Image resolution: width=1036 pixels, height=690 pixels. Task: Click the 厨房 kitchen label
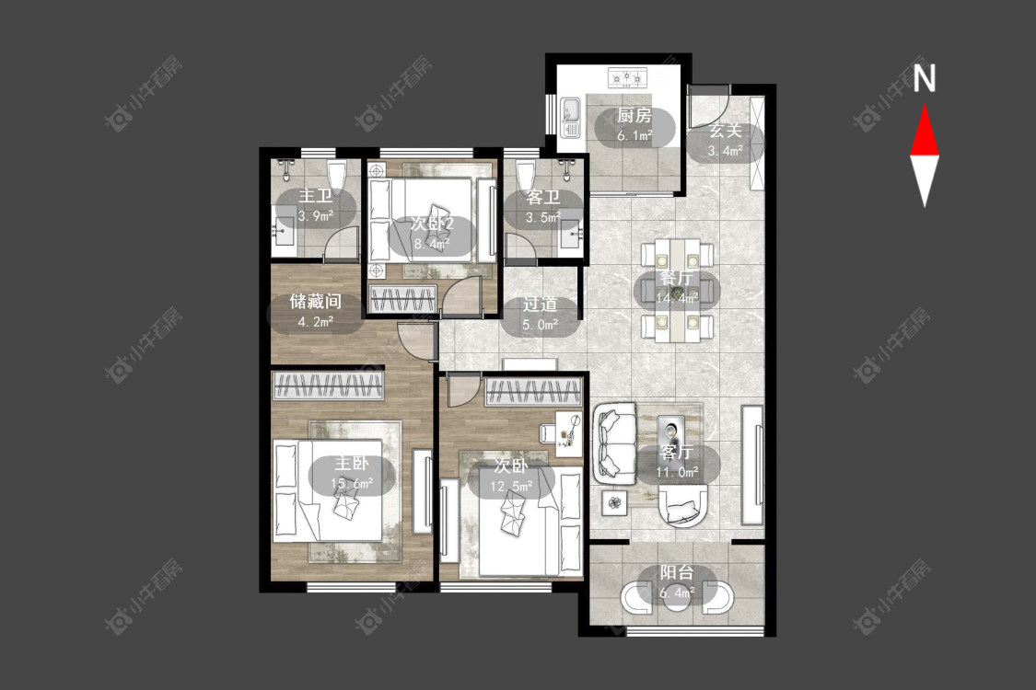pos(634,116)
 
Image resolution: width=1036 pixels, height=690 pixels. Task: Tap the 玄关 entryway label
pos(726,131)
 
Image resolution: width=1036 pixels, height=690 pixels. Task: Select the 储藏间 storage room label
pos(315,302)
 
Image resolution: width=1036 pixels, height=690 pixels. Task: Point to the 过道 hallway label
pos(540,305)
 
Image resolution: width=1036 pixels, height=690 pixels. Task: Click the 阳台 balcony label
pos(677,572)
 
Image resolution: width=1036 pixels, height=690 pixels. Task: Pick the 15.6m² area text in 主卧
pos(352,484)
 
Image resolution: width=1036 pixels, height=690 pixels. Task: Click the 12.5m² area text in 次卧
pos(511,488)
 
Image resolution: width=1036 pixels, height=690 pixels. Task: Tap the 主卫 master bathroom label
pos(315,196)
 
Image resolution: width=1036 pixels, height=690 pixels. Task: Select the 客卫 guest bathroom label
pos(543,198)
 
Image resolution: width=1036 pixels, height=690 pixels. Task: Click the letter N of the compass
pos(925,78)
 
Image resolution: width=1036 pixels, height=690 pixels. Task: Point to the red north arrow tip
pos(925,106)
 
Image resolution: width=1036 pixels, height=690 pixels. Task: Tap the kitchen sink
pos(570,118)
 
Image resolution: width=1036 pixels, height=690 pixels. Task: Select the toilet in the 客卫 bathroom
pos(526,177)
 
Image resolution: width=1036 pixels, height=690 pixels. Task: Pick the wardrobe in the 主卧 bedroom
pos(329,386)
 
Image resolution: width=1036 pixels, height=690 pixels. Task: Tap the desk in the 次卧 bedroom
pos(567,433)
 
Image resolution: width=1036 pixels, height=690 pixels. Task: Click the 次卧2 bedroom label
pos(432,224)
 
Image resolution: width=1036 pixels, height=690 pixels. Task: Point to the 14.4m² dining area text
pos(677,298)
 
